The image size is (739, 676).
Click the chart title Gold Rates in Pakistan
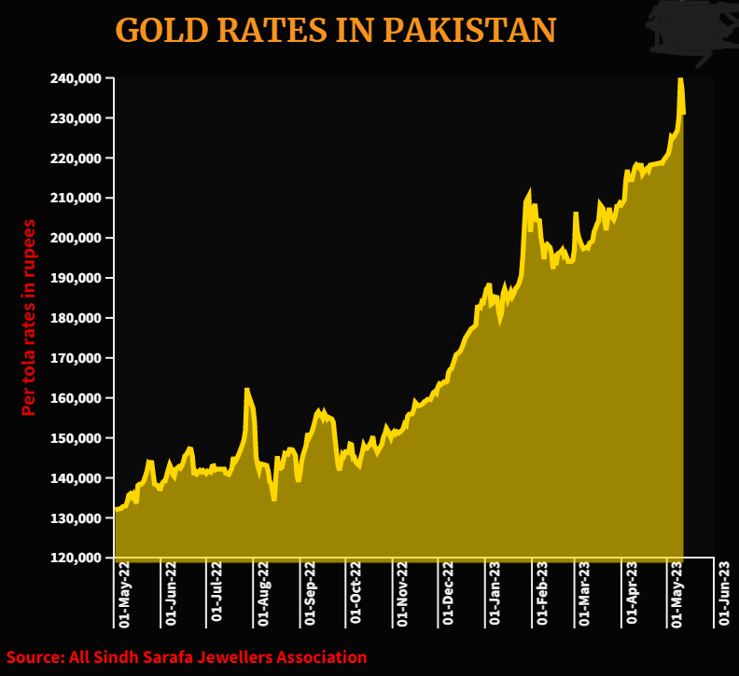(335, 30)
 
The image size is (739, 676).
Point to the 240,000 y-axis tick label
(76, 78)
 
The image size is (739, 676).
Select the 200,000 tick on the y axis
(76, 238)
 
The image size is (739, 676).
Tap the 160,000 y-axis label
(76, 398)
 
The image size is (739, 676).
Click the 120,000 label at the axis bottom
(76, 558)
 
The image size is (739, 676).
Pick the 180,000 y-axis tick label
(76, 318)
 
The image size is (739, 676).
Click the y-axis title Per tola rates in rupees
(29, 317)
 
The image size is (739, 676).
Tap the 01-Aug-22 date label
(263, 591)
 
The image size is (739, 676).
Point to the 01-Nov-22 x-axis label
(402, 591)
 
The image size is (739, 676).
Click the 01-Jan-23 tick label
(495, 591)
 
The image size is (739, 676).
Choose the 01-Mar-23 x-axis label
(585, 591)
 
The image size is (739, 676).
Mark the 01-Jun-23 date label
(723, 591)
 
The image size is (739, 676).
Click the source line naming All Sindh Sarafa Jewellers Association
(187, 657)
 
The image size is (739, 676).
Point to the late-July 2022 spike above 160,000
(247, 390)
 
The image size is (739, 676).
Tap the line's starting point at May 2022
(116, 509)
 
